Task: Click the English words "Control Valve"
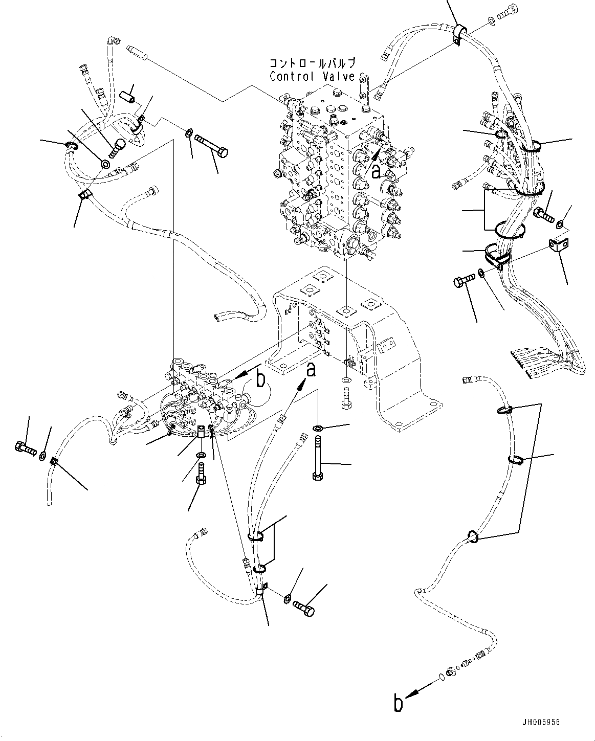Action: (312, 76)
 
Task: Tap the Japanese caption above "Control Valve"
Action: (312, 64)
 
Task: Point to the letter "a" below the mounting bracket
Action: (311, 369)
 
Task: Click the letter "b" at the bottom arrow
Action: (399, 703)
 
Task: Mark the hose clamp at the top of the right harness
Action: (457, 33)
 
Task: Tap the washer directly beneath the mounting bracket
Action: (346, 381)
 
